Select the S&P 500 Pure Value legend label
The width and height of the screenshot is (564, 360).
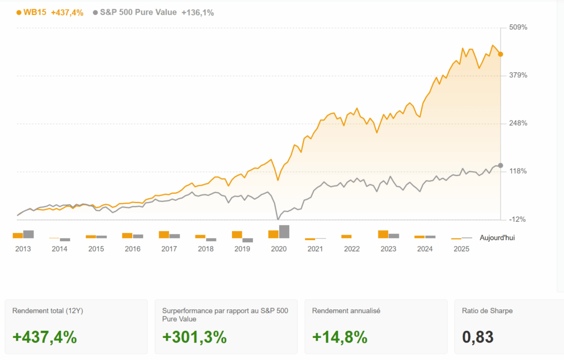pos(138,12)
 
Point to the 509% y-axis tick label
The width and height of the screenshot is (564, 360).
pos(518,28)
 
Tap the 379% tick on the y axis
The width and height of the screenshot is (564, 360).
pos(518,75)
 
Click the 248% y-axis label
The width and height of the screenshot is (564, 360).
pos(518,123)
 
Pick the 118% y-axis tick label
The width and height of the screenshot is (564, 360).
pos(518,171)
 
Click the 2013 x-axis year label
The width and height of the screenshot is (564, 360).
pos(23,249)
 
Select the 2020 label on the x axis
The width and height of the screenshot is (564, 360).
pos(279,249)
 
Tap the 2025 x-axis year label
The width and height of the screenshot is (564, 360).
pos(461,249)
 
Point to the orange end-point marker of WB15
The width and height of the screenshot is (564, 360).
pos(500,54)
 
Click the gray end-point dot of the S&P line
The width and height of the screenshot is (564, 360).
pos(500,165)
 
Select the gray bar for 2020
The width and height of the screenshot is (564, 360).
pos(284,232)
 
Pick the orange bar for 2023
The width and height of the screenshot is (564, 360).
pos(383,234)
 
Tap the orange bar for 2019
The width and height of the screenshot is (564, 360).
pos(237,234)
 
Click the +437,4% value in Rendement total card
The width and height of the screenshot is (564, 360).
pos(45,337)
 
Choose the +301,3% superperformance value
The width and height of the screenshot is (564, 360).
pos(194,337)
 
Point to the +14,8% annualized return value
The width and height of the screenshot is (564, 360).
pos(340,337)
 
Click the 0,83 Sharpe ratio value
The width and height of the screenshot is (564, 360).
pos(478,337)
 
